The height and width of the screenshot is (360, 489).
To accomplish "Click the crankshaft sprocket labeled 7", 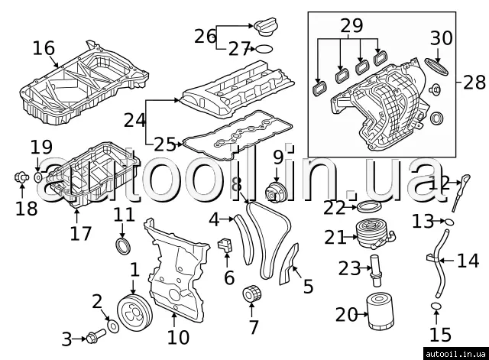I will tap(251, 294).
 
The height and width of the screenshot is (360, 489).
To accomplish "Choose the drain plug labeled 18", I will tap(21, 180).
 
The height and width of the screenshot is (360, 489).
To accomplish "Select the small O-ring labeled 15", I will tap(436, 307).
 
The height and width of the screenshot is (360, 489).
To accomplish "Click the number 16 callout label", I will tap(44, 49).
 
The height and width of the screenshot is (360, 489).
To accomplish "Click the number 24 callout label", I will tap(134, 120).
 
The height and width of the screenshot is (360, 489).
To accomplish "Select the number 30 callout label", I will tap(442, 37).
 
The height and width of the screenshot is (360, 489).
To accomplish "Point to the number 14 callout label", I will tap(468, 261).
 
